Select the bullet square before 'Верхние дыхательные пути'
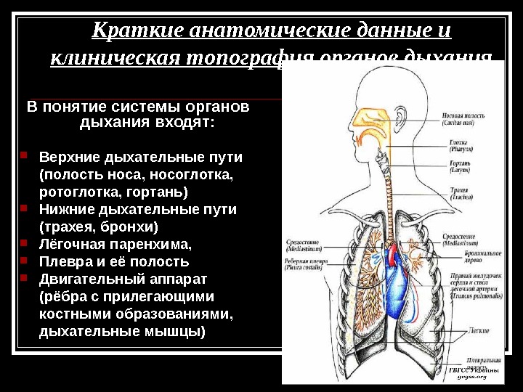pos(23,155)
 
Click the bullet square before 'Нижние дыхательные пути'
pos(23,208)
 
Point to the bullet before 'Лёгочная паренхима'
pos(23,243)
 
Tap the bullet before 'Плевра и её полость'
pos(23,261)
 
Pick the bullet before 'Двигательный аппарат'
pos(23,278)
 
